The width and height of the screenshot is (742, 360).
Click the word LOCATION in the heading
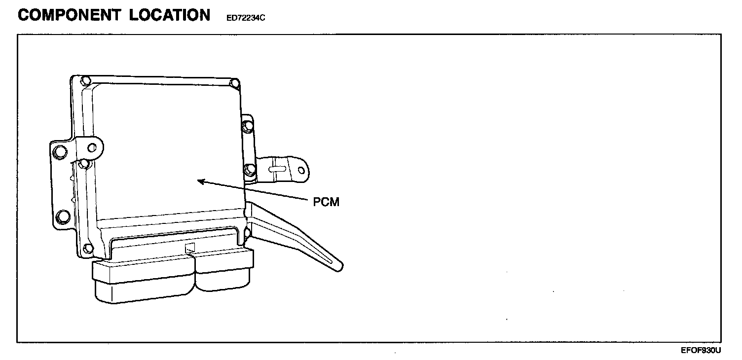[170, 15]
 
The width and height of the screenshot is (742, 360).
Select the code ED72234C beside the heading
[246, 18]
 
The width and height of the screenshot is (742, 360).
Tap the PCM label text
[326, 202]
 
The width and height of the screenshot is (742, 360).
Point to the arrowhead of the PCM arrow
[199, 181]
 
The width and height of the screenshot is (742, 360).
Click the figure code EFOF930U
[701, 351]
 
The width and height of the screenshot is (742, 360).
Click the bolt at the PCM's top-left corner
[86, 81]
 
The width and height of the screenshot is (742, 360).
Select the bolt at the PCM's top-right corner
[235, 82]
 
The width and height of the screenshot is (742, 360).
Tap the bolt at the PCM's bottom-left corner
[88, 248]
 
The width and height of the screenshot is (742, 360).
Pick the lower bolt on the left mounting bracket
[63, 216]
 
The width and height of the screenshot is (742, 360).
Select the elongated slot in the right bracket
[278, 168]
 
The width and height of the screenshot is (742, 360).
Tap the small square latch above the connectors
[190, 248]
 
